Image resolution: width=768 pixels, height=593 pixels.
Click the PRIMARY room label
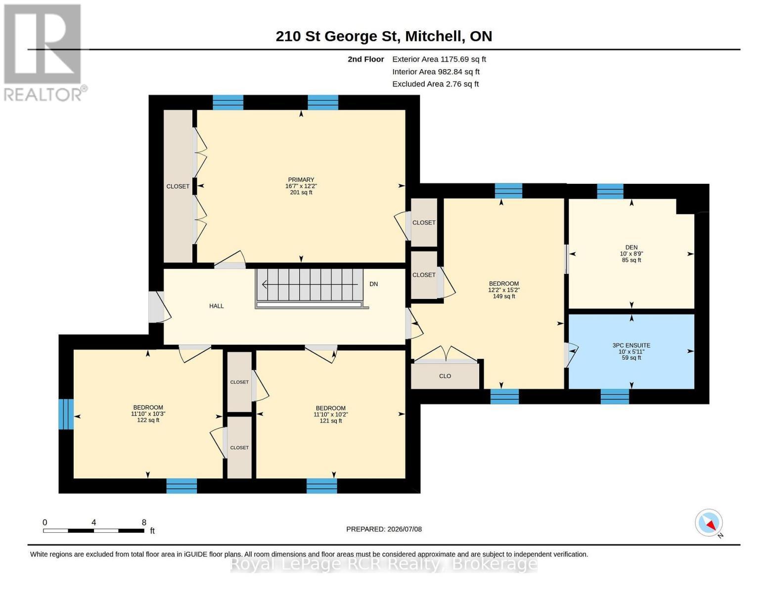pos(301,179)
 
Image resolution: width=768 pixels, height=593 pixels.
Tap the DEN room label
pos(631,247)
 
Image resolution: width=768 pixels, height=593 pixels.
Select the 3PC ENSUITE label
pos(631,345)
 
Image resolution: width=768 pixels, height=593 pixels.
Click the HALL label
pos(216,306)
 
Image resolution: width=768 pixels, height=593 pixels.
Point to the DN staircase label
pos(373,284)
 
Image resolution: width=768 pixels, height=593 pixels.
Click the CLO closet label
pos(445,376)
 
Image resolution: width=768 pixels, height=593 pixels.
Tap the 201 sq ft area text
pos(301,193)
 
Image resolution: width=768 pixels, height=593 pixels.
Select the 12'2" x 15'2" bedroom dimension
pos(503,290)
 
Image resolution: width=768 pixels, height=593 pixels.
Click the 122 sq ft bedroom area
pos(148,420)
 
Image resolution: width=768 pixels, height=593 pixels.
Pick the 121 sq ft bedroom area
pos(330,421)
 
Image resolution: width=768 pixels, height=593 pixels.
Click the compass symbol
pos(709,523)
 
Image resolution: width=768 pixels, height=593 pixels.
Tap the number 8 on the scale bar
pos(144,522)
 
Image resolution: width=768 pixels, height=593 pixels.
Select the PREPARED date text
pos(384,529)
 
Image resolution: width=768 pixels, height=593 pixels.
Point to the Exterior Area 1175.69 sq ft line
pos(439,59)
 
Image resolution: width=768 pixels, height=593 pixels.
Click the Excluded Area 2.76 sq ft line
pos(435,84)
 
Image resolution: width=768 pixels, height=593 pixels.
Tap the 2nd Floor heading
pos(365,59)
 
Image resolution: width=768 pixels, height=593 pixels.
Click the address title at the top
pos(384,36)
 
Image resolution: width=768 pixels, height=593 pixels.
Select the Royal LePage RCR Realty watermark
pos(384,564)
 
